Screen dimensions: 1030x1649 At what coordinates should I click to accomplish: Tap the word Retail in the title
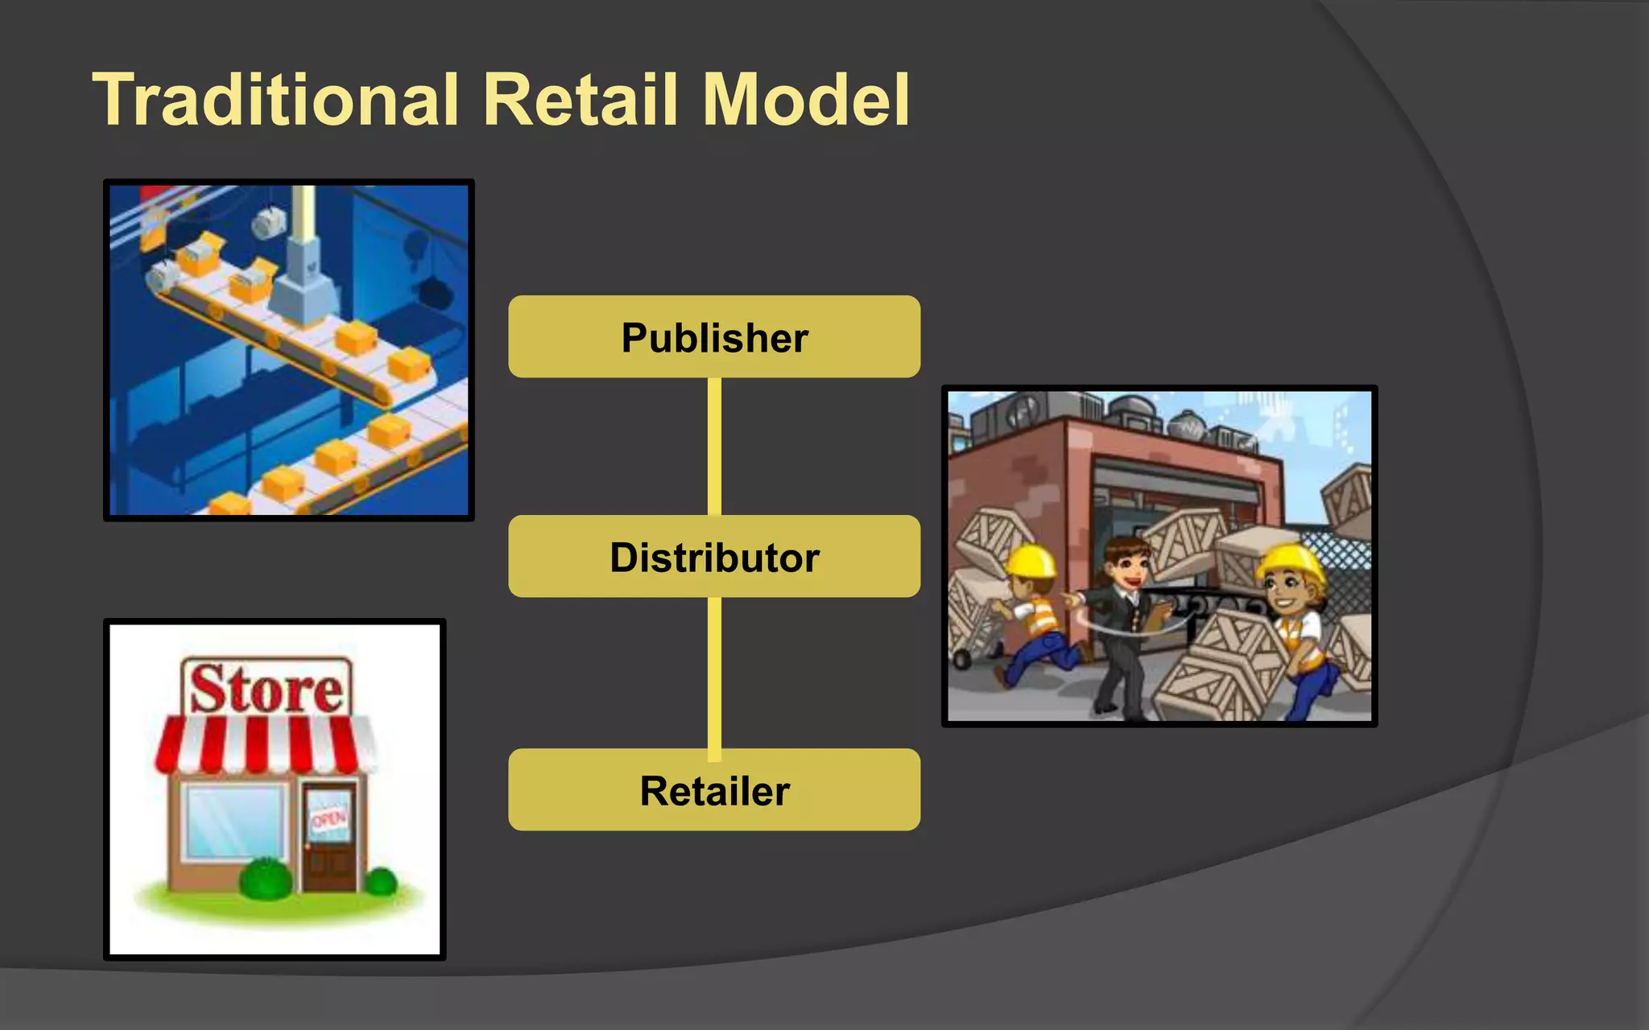click(x=580, y=100)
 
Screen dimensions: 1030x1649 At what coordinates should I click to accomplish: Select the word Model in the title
click(x=805, y=100)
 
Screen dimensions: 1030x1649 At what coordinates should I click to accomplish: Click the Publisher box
click(x=714, y=336)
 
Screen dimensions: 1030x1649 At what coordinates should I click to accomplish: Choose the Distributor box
click(x=714, y=556)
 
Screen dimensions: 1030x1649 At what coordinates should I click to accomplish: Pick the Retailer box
click(x=714, y=789)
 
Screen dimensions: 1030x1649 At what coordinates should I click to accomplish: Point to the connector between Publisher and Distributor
click(x=714, y=447)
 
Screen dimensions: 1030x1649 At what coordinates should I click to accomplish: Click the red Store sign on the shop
click(x=267, y=689)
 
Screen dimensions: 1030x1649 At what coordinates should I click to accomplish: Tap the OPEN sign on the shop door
click(x=329, y=818)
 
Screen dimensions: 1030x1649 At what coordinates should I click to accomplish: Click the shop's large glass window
click(x=234, y=821)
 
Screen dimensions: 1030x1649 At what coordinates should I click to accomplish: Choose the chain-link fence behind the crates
click(x=1341, y=563)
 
